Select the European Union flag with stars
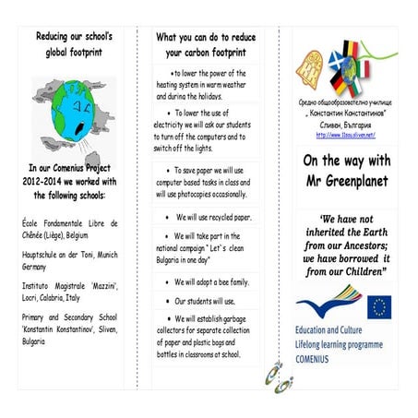pyautogui.click(x=378, y=306)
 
